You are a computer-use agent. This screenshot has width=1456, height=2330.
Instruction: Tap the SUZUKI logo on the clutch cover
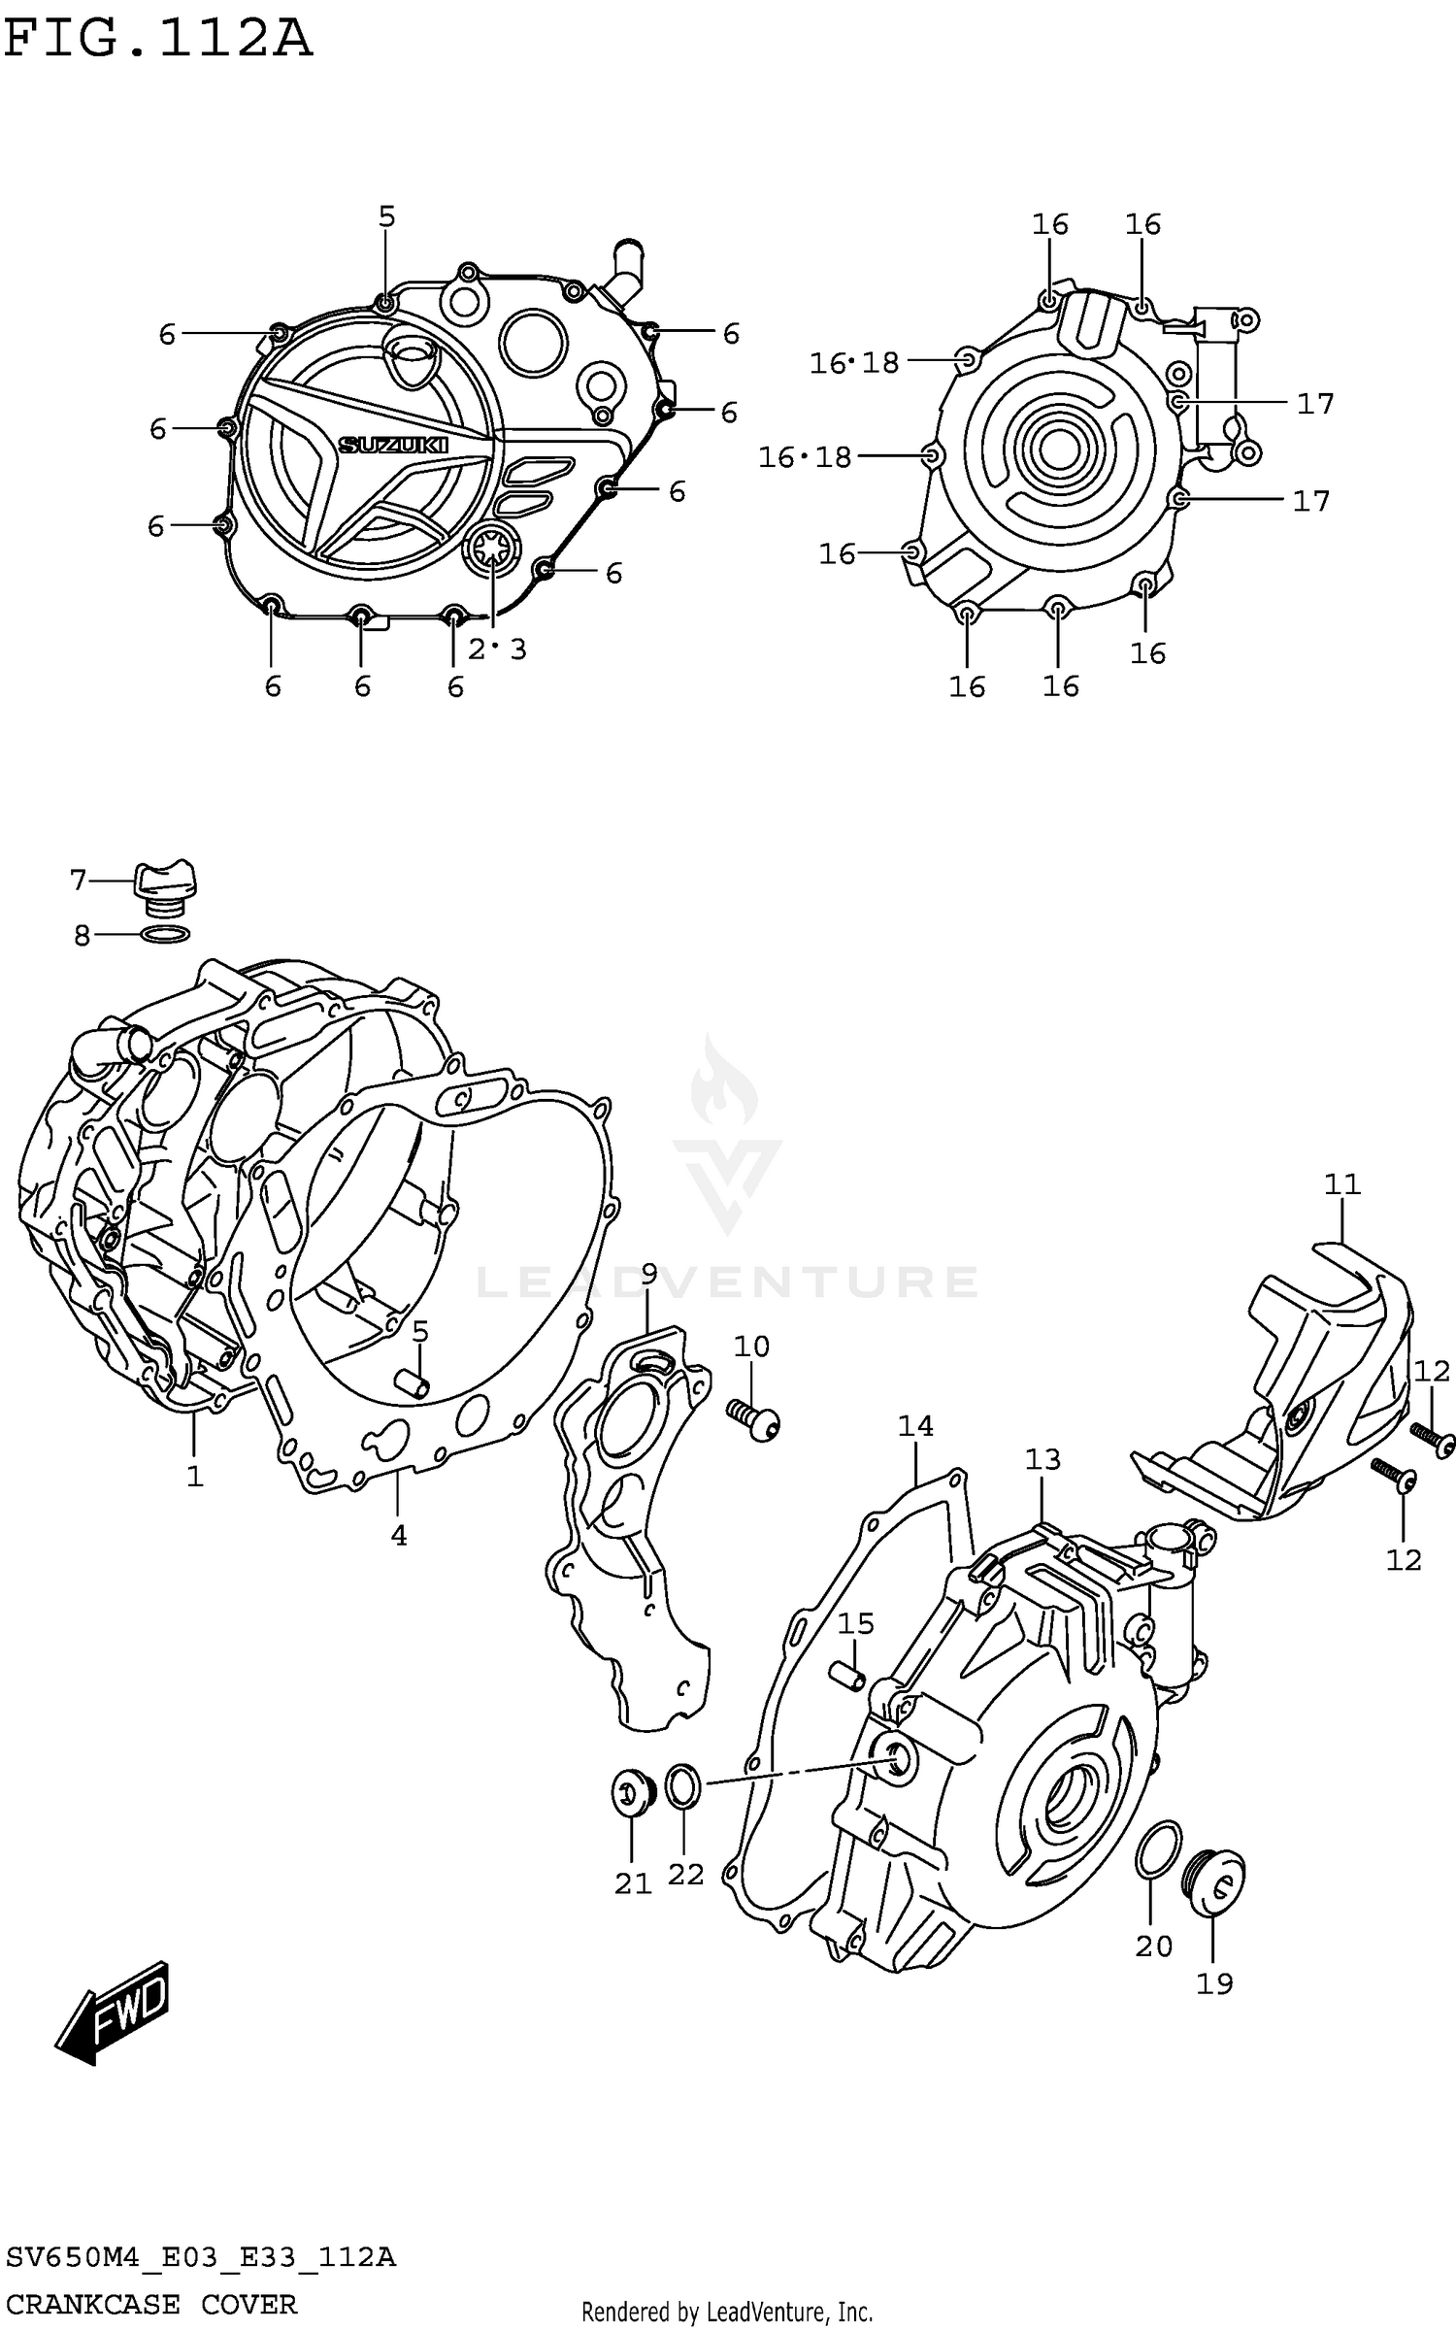pos(393,445)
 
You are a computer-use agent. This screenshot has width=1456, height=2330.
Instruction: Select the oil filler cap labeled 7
pos(165,882)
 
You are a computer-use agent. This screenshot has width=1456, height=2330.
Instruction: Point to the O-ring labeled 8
pos(165,934)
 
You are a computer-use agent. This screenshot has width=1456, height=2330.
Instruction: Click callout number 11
pos(1342,1184)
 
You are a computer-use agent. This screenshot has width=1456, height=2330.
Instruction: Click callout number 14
pos(915,1425)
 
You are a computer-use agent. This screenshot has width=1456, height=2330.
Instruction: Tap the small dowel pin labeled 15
pos(848,1676)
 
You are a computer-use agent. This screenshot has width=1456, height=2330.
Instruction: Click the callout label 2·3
pos(497,649)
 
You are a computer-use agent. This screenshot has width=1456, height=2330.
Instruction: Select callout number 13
pos(1043,1459)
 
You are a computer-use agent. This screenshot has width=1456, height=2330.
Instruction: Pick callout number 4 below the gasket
pos(399,1535)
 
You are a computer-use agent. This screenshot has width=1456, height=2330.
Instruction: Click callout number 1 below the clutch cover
pos(195,1476)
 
